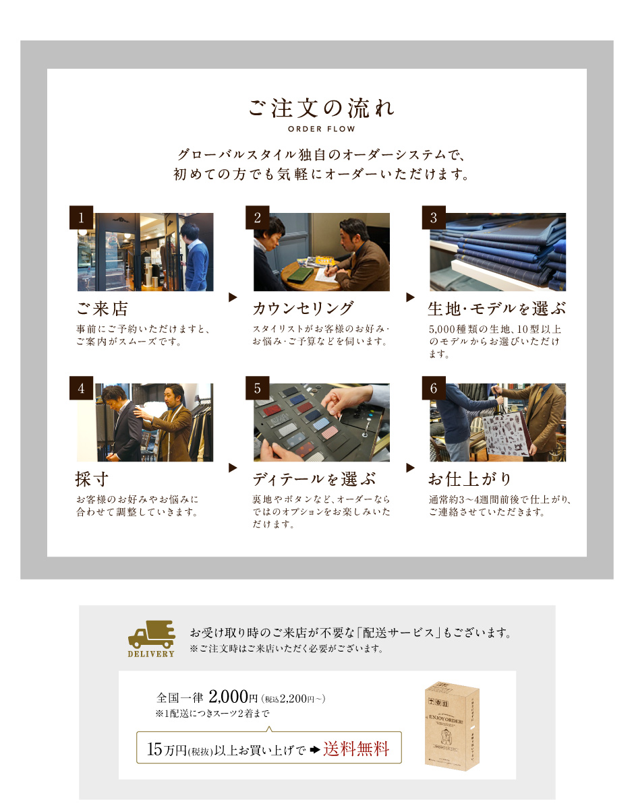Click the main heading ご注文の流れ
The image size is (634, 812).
pos(321,108)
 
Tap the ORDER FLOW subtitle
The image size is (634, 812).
pos(321,129)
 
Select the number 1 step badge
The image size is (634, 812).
pos(81,218)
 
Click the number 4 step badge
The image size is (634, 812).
pos(81,388)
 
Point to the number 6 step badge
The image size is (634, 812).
pos(434,388)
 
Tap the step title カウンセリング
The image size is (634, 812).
pos(303,308)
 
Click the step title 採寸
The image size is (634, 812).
pos(92,478)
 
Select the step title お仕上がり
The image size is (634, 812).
pos(470,478)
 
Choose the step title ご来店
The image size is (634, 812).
pos(102,308)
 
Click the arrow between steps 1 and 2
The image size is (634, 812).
pos(233,297)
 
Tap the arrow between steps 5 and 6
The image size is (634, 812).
pos(410,468)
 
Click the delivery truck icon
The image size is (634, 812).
pos(152,634)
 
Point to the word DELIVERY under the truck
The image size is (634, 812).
pos(151,654)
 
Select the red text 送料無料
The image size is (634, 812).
pos(357,749)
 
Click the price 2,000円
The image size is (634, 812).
pos(233,697)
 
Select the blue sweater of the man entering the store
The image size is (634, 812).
pos(196,264)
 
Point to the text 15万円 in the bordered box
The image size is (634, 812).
pos(167,749)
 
